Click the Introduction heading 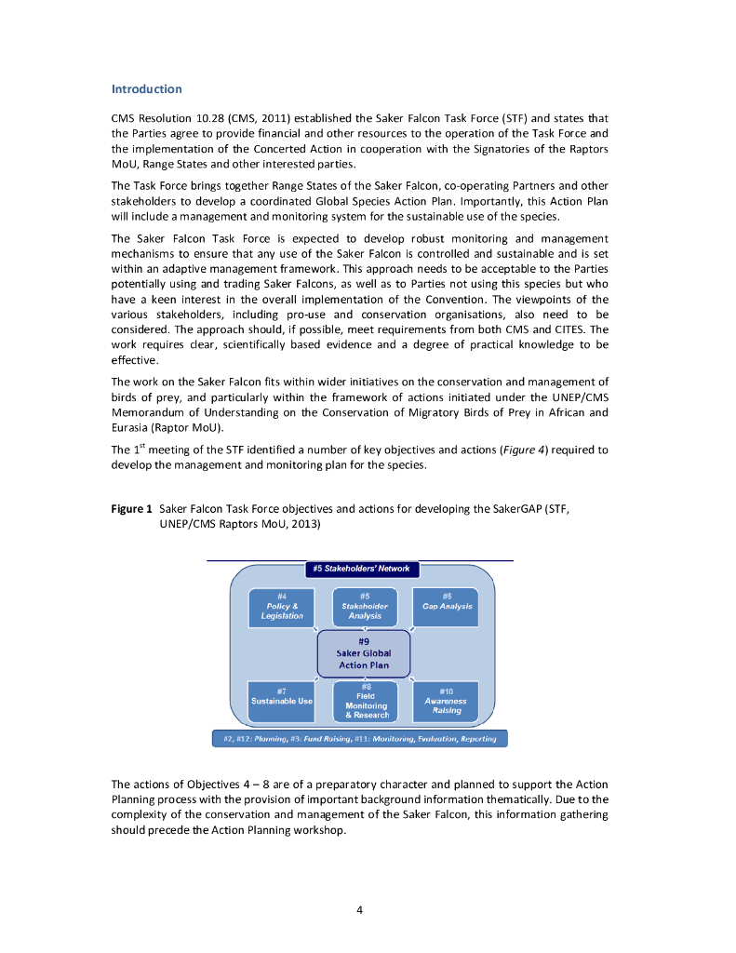point(146,89)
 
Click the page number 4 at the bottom point(360,909)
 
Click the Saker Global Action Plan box point(364,652)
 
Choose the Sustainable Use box point(282,701)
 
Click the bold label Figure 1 point(131,510)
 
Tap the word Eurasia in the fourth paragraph point(132,427)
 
